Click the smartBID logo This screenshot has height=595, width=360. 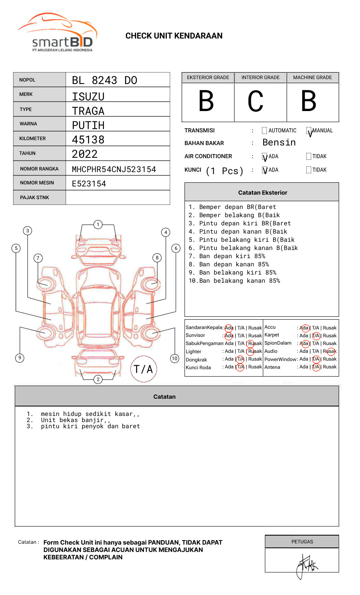pos(57,33)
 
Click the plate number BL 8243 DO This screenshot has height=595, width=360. pos(105,80)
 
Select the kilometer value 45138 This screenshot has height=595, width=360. pos(88,140)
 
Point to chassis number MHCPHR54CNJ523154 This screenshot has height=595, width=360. pos(114,169)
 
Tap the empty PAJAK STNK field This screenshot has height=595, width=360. pos(118,198)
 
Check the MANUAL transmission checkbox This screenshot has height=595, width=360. pos(309,131)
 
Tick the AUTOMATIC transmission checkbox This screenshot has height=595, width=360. pos(264,131)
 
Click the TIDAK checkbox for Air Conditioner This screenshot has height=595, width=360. pos(309,157)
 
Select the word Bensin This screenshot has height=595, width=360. pos(279,143)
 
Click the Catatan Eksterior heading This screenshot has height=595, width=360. pos(262,193)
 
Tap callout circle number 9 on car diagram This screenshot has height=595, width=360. pos(20,358)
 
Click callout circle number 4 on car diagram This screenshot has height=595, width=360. pos(166,232)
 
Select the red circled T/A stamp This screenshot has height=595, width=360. pos(144,369)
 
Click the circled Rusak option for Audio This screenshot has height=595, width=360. pos(330,351)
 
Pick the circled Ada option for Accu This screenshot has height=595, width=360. pos(305,328)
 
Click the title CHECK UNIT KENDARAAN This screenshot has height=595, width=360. pos(174,36)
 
